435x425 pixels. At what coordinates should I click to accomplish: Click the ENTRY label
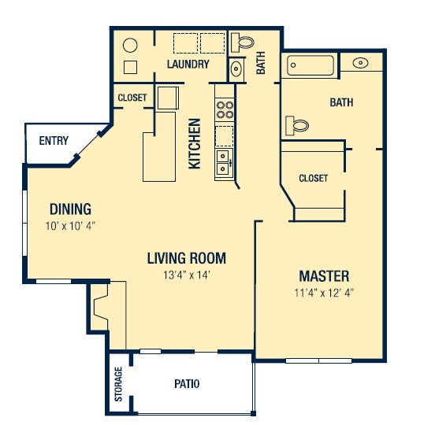(x=54, y=142)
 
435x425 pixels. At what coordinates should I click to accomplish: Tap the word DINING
(x=70, y=209)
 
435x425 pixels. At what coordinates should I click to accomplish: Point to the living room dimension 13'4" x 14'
(x=187, y=275)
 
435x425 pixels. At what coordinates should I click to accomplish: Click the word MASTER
(x=324, y=276)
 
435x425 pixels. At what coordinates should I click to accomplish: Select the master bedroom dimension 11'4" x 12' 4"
(x=324, y=294)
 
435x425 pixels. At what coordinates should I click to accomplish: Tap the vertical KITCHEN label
(x=195, y=143)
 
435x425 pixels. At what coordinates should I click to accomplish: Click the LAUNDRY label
(x=188, y=65)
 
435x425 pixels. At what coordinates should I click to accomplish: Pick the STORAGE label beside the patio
(x=119, y=385)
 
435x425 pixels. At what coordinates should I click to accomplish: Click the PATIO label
(x=187, y=384)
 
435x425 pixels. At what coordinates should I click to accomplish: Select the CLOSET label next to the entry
(x=132, y=98)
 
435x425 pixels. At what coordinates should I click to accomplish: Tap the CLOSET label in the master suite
(x=313, y=179)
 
